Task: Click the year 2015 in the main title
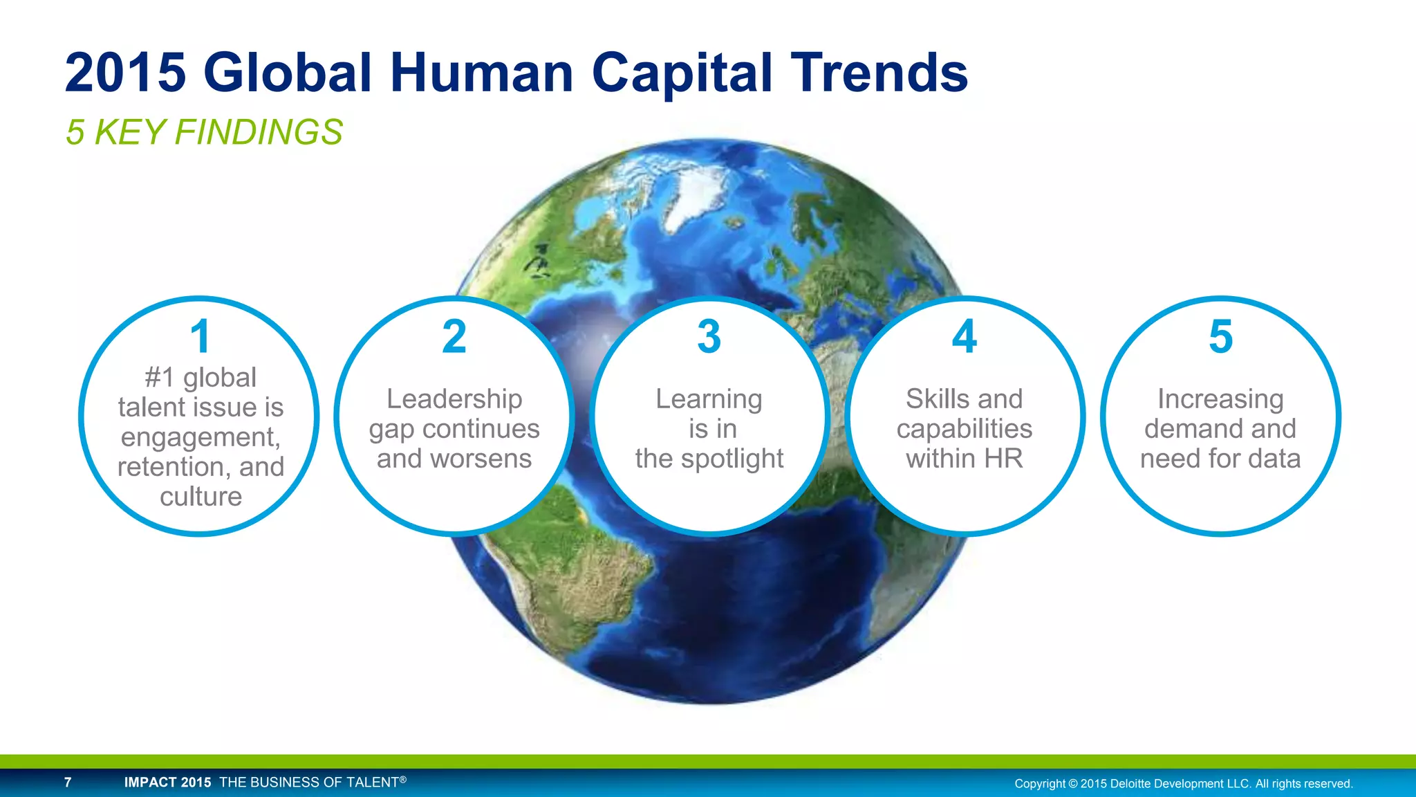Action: [126, 73]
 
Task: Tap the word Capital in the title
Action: [682, 73]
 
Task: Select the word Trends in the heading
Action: [879, 73]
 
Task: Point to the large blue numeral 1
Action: [200, 337]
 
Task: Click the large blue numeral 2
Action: [454, 337]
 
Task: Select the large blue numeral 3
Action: [709, 337]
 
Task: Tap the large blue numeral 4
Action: [965, 337]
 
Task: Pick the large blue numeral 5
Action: [1220, 337]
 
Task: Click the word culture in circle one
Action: [201, 497]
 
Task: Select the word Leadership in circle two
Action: [454, 399]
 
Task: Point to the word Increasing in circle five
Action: [1220, 399]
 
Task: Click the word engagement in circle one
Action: [200, 437]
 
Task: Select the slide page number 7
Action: [68, 782]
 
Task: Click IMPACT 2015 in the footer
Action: [167, 782]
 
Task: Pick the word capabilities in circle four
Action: [965, 429]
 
